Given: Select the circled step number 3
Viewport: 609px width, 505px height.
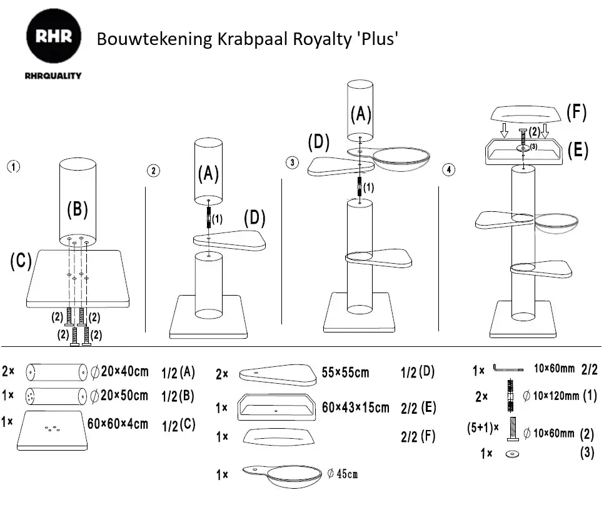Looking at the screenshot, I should pyautogui.click(x=291, y=163).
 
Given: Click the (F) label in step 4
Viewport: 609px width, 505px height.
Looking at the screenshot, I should pyautogui.click(x=576, y=112).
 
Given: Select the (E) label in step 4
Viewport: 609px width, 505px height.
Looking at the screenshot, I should pyautogui.click(x=577, y=151).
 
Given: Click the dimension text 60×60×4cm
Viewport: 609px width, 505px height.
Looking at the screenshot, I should pyautogui.click(x=118, y=423).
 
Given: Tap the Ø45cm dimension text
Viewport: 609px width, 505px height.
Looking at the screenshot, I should pyautogui.click(x=342, y=474).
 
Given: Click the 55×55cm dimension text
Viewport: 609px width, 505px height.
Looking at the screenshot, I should pyautogui.click(x=345, y=373).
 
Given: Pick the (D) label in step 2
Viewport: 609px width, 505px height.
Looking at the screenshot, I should pyautogui.click(x=254, y=218).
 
